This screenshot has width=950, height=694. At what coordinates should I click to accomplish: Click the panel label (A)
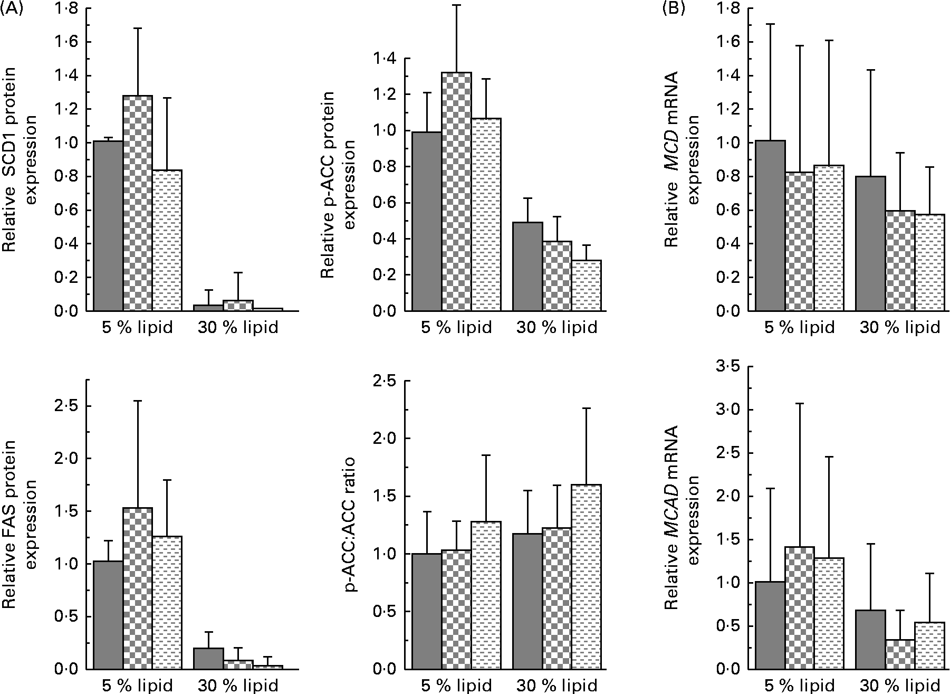tap(12, 8)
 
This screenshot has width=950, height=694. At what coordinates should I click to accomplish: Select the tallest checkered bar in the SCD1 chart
tap(138, 203)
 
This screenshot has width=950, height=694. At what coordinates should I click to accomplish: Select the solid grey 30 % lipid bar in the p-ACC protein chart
tap(528, 267)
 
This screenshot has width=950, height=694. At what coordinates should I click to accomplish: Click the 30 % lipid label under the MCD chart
tap(900, 328)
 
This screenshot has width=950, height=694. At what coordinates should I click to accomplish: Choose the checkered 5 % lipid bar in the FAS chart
tap(138, 588)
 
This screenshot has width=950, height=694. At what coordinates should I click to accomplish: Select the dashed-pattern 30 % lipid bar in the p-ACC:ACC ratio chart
tap(587, 577)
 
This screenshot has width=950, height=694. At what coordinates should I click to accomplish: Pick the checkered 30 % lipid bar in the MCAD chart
tap(900, 654)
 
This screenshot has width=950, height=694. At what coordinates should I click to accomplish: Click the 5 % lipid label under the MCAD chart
tap(799, 686)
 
